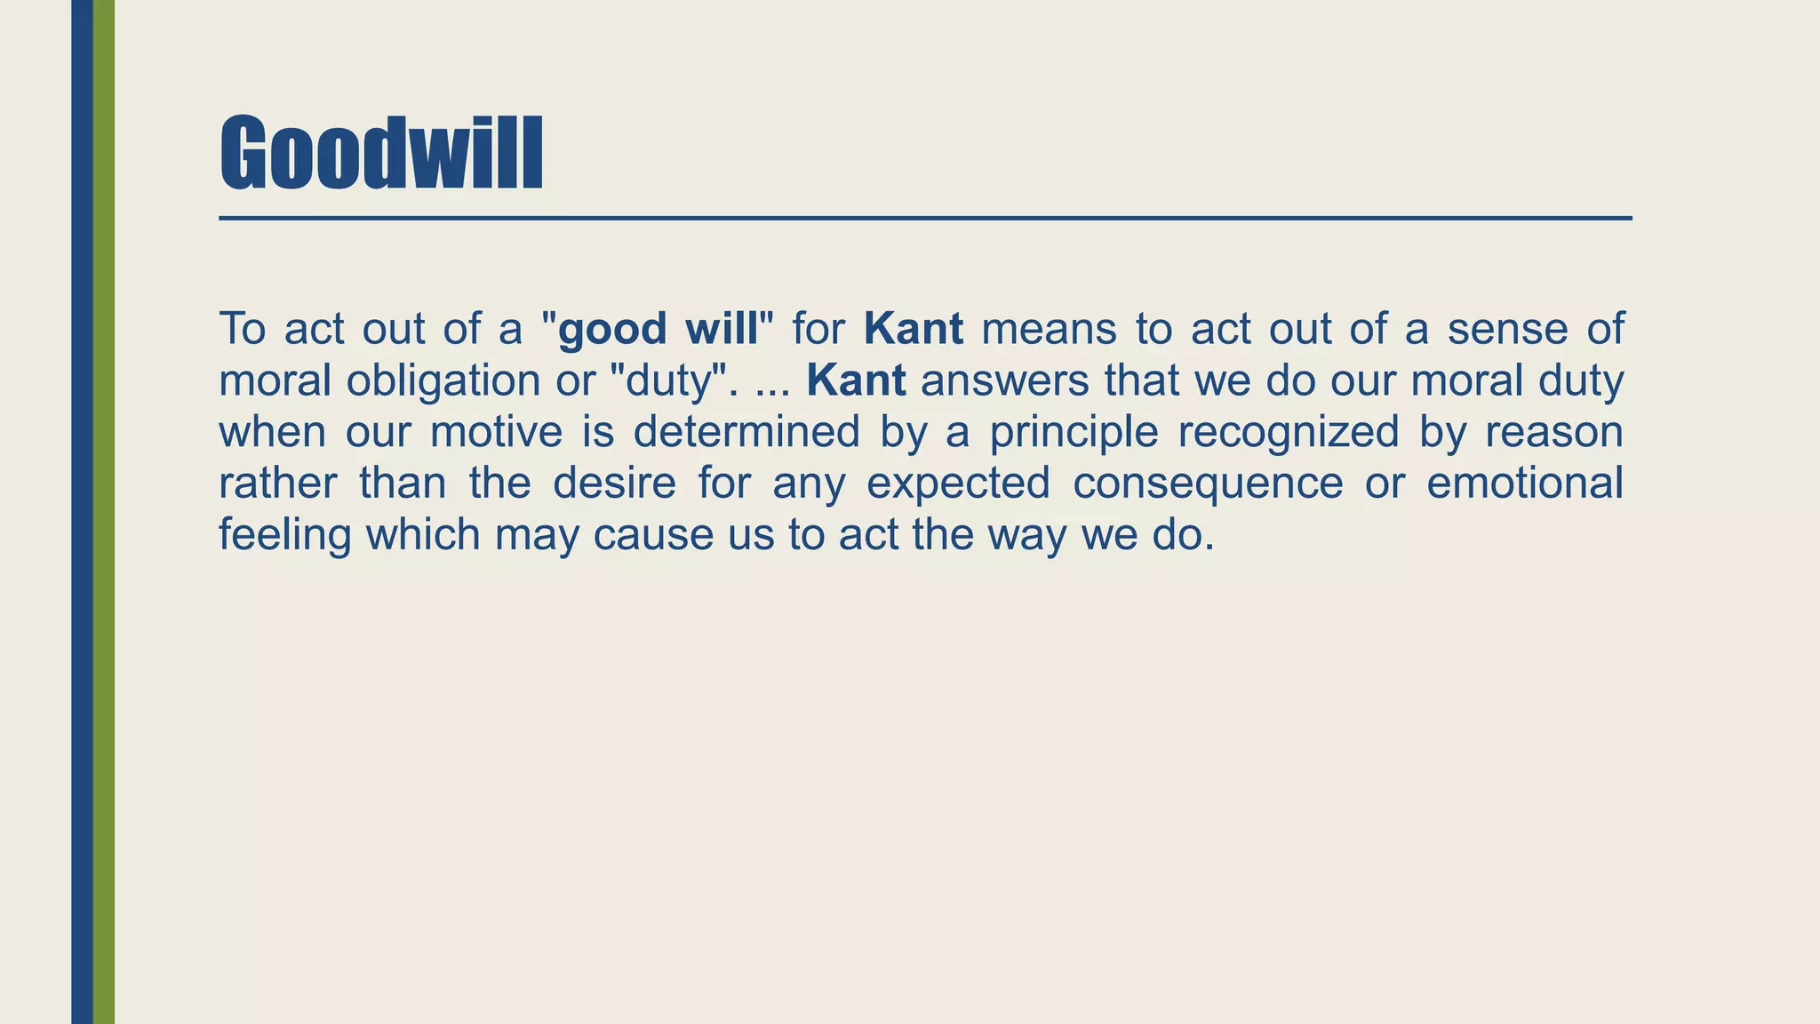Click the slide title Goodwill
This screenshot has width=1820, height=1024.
[380, 153]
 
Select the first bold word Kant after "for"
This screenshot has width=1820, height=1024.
[913, 329]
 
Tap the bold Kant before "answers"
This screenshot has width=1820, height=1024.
[856, 380]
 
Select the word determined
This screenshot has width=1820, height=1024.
[746, 432]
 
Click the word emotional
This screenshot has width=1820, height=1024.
[1524, 484]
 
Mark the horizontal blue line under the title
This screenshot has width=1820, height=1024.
[924, 218]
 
